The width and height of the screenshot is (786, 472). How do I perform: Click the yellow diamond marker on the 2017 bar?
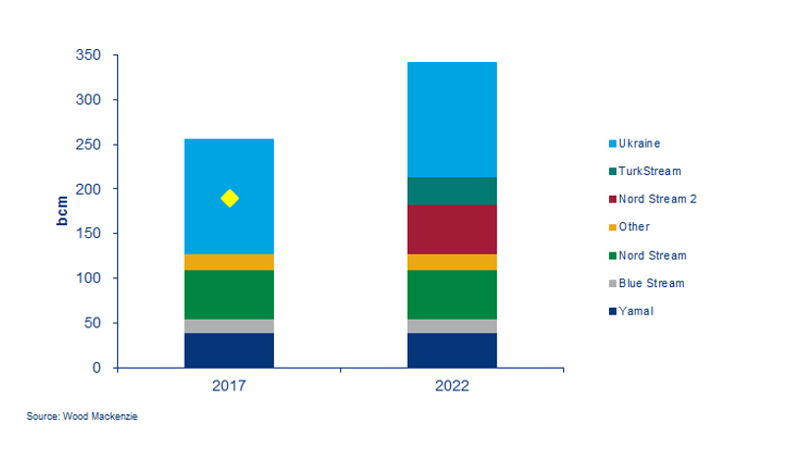pyautogui.click(x=229, y=199)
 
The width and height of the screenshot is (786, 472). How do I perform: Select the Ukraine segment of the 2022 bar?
pyautogui.click(x=452, y=119)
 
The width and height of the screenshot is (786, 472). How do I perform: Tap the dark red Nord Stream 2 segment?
pyautogui.click(x=452, y=229)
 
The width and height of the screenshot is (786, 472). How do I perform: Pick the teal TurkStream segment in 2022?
pyautogui.click(x=452, y=191)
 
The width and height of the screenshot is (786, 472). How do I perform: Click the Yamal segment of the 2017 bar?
pyautogui.click(x=229, y=350)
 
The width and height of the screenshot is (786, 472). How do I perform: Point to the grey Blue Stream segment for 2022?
pyautogui.click(x=452, y=325)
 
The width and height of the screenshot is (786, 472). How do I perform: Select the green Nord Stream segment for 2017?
pyautogui.click(x=229, y=294)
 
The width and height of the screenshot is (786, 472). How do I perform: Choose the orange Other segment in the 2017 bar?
pyautogui.click(x=229, y=262)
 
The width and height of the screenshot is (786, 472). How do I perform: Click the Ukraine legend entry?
pyautogui.click(x=639, y=143)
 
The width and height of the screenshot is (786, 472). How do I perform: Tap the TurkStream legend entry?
pyautogui.click(x=647, y=170)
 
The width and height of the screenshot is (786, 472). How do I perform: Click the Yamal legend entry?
pyautogui.click(x=636, y=312)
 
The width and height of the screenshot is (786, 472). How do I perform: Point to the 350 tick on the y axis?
pyautogui.click(x=89, y=55)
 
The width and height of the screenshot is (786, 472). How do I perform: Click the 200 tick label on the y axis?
pyautogui.click(x=89, y=189)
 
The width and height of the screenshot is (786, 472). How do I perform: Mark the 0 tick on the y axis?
pyautogui.click(x=95, y=368)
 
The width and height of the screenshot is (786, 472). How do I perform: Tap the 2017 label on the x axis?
pyautogui.click(x=229, y=386)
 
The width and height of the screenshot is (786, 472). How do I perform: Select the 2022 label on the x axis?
pyautogui.click(x=452, y=386)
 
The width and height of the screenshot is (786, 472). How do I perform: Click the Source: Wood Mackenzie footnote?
pyautogui.click(x=83, y=418)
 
